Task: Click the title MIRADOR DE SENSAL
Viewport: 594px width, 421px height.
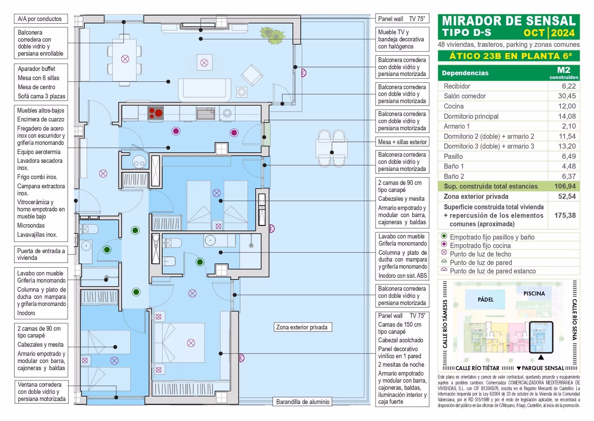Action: [509, 21]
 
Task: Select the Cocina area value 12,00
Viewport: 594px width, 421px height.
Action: [567, 106]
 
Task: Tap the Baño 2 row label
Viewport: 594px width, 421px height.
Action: [454, 176]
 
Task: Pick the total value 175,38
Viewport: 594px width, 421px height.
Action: [565, 215]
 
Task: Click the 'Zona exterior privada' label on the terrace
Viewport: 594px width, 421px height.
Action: [302, 327]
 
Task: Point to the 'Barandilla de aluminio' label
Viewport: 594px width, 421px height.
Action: [302, 402]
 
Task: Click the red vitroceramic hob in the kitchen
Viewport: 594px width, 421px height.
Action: [156, 112]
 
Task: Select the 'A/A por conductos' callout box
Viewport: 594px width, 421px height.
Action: [40, 19]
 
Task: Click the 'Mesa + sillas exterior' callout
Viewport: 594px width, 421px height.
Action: [402, 142]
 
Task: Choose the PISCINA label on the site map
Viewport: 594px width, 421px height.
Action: [534, 293]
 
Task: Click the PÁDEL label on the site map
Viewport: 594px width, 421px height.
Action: [485, 300]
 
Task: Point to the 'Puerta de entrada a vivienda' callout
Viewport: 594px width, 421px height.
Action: [41, 254]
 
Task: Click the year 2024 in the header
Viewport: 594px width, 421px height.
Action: [563, 33]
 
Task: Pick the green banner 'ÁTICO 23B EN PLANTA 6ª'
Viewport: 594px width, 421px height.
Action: [508, 56]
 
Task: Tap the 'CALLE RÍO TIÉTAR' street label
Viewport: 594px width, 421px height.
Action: [477, 368]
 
